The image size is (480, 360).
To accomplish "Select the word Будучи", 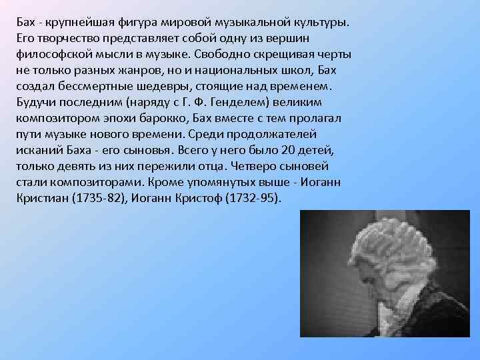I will point(33,102).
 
